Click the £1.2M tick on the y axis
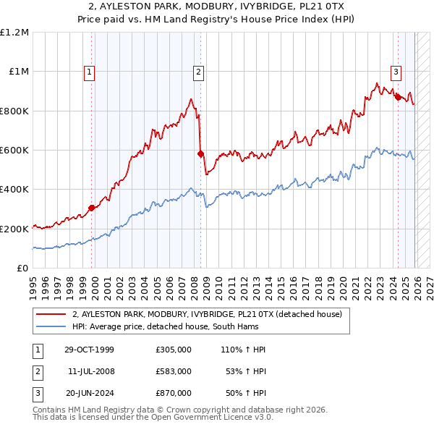[x=14, y=33]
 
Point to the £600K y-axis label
[x=14, y=151]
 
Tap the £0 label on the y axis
[x=23, y=269]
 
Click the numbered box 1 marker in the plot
[x=89, y=72]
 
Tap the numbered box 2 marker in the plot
[x=198, y=72]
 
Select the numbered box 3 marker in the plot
[x=396, y=72]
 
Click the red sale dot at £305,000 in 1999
[x=92, y=208]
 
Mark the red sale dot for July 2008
[x=201, y=153]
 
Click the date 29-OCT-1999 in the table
[x=89, y=350]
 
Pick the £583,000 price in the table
[x=174, y=371]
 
